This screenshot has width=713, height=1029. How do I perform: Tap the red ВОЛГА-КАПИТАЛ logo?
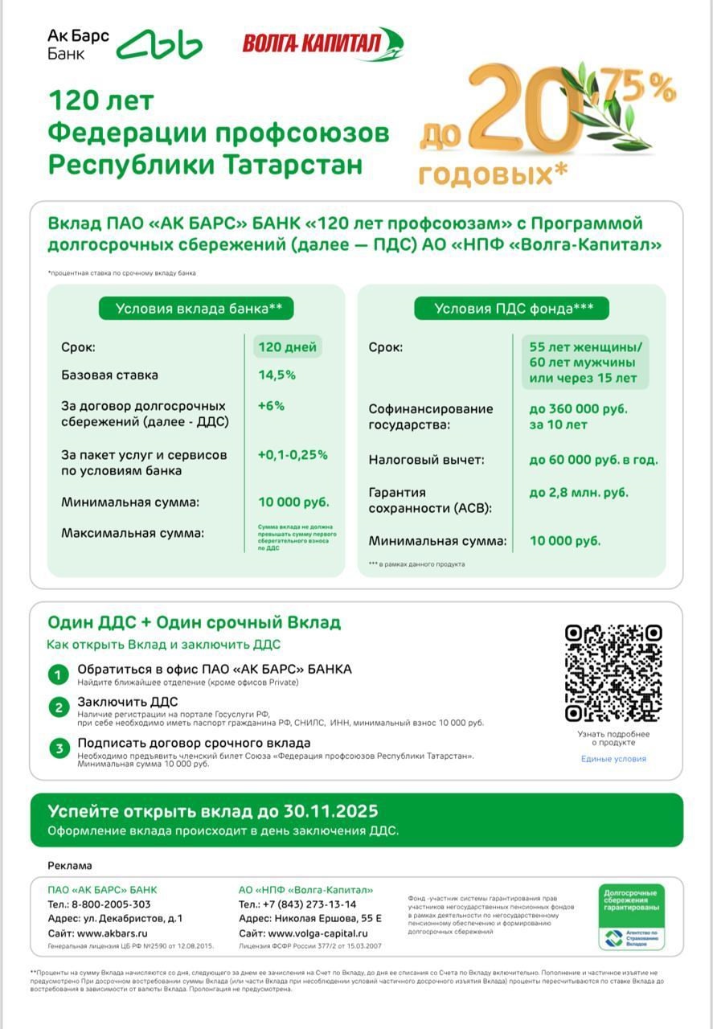322,43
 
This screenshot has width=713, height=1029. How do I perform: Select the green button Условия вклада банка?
196,309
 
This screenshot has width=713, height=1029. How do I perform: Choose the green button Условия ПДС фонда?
511,309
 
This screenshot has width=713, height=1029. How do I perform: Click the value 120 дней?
287,347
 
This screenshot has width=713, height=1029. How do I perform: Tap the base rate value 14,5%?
277,375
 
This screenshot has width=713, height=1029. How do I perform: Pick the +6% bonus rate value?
271,406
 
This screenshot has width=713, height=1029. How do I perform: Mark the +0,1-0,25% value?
293,454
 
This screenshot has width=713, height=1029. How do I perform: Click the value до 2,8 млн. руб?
579,492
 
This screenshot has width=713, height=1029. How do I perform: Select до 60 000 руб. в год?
593,460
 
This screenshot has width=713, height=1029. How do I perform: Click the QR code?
613,673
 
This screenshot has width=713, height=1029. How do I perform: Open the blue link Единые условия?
613,759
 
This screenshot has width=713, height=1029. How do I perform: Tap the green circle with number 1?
58,674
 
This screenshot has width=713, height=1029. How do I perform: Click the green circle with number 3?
58,749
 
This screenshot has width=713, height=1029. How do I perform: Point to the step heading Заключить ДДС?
127,702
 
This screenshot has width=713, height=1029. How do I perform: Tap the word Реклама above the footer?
70,866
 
